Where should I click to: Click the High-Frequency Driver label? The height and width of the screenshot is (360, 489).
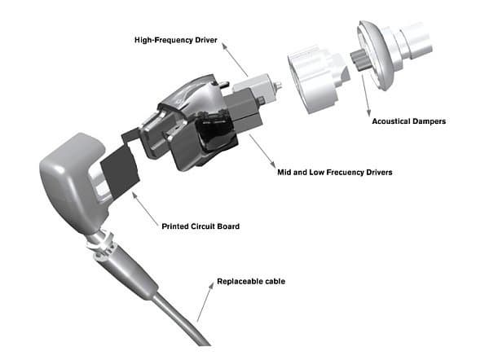pos(175,40)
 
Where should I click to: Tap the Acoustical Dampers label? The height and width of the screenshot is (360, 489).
pos(409,121)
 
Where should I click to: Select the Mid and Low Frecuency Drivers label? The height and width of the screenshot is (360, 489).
pos(335,173)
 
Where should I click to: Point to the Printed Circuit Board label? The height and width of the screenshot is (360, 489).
pos(200,226)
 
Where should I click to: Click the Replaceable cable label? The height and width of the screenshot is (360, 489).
pos(251,281)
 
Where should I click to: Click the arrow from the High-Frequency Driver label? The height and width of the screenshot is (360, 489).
pos(235,59)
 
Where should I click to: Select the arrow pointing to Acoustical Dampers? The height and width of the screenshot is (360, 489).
pos(365,95)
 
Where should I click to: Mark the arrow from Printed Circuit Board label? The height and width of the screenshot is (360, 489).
pos(145,209)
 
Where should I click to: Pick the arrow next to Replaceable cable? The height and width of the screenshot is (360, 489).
pos(205,302)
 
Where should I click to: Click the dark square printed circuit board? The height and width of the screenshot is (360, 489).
pos(120,170)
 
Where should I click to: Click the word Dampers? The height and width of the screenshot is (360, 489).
pos(430,121)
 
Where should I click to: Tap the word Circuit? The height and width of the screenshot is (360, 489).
pos(203,226)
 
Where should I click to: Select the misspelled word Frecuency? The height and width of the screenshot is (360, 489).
pos(346,173)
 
